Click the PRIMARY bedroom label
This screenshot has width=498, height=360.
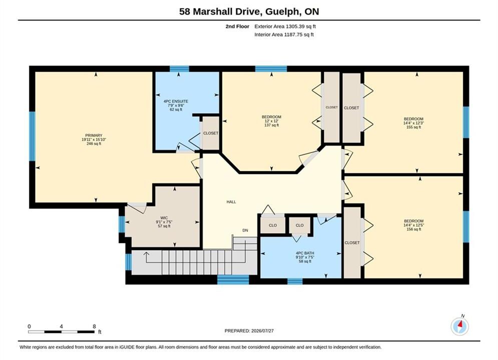[94, 135]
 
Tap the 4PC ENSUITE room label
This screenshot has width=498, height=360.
[176, 101]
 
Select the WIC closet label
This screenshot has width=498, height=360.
[164, 218]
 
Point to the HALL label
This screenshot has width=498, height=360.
[231, 201]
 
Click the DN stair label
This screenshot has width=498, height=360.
[245, 230]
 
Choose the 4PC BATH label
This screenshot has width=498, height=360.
[305, 253]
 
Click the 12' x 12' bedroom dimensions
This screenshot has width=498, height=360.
[272, 121]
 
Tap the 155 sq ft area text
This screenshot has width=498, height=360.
[413, 127]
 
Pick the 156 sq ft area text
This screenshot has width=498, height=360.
[413, 229]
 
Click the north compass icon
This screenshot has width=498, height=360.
[459, 326]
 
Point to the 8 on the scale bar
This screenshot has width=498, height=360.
[94, 326]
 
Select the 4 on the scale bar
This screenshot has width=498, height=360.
[61, 326]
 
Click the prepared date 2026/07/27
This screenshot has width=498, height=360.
[262, 331]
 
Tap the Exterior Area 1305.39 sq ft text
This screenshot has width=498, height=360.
[285, 26]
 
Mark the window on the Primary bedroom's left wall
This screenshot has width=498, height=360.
[32, 136]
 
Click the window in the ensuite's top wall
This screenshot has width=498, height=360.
[179, 69]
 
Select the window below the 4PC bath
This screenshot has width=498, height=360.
[295, 281]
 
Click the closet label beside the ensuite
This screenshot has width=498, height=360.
[211, 133]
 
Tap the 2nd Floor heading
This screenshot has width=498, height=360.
[237, 26]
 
